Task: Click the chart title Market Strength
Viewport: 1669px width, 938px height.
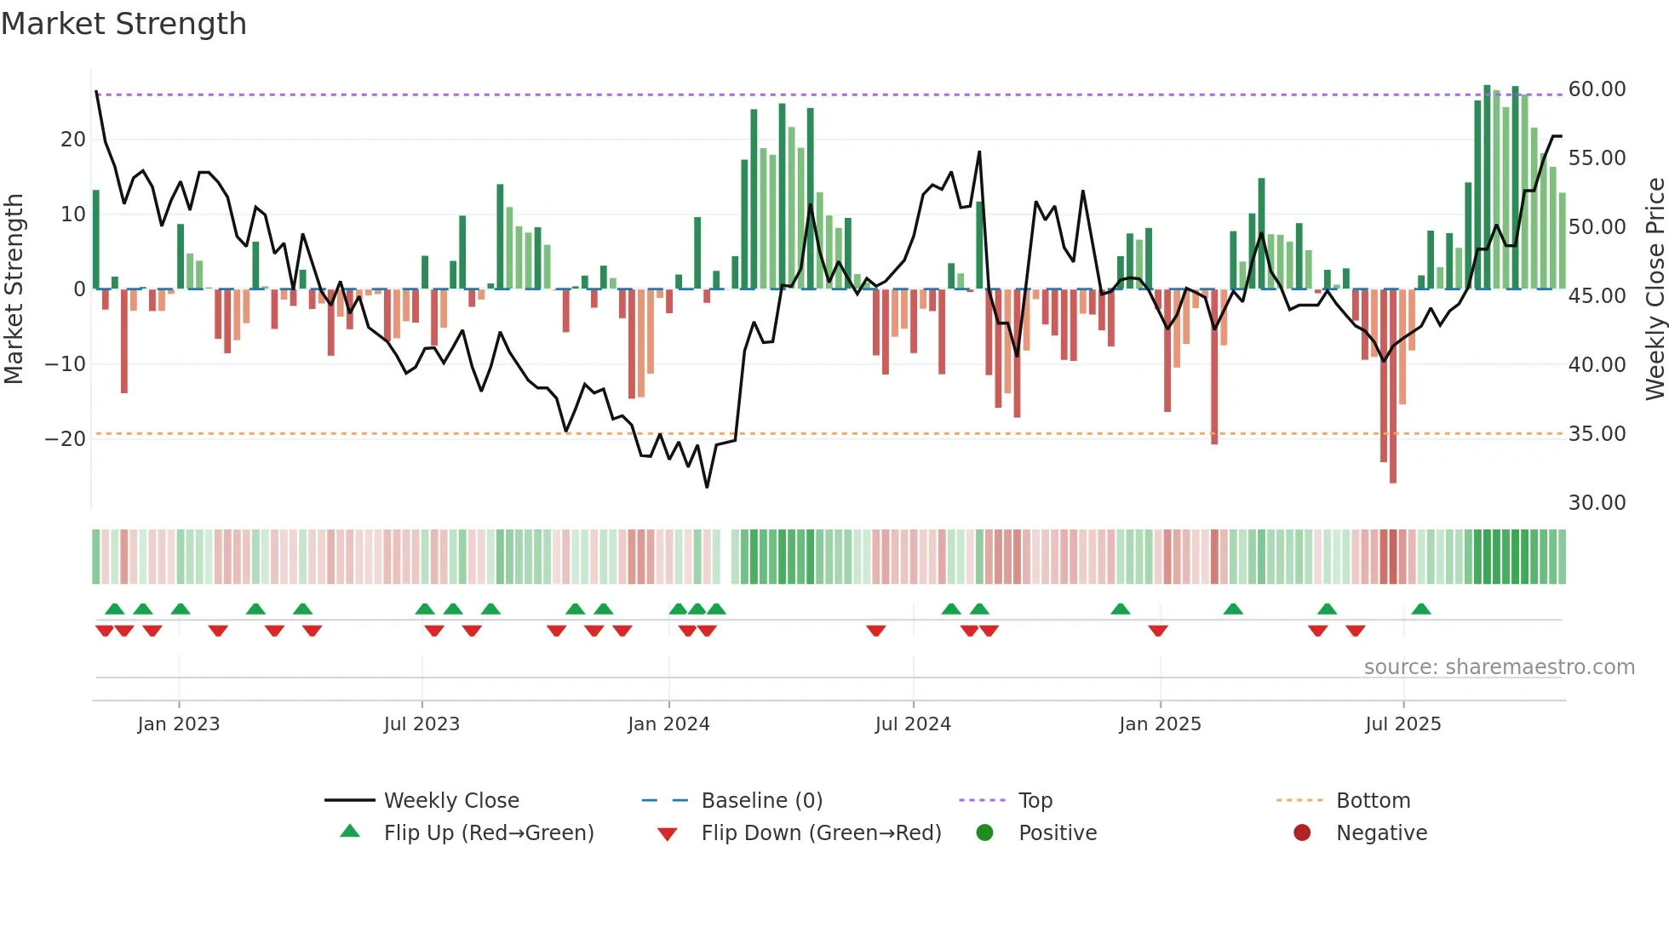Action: click(x=123, y=24)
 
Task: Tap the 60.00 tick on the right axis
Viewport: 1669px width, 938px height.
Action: click(x=1597, y=89)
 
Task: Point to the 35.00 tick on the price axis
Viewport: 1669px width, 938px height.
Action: click(x=1597, y=434)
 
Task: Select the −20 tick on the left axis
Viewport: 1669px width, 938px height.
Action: click(x=66, y=439)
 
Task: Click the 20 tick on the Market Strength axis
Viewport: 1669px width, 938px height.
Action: click(x=73, y=140)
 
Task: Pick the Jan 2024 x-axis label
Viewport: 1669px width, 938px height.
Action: click(x=668, y=724)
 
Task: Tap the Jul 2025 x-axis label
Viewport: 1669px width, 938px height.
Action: click(x=1402, y=724)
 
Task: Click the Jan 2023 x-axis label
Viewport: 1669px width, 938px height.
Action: click(x=178, y=724)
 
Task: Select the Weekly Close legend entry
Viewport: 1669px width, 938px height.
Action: click(x=450, y=801)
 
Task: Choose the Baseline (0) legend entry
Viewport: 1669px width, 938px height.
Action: click(x=761, y=801)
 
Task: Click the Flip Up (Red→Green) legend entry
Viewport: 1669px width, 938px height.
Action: click(x=488, y=833)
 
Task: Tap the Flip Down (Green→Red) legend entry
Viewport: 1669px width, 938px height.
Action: click(x=820, y=833)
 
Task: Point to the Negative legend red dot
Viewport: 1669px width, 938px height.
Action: click(x=1302, y=832)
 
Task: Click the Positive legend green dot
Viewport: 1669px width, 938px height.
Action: click(x=984, y=832)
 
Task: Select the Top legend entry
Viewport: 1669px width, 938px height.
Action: click(x=1035, y=801)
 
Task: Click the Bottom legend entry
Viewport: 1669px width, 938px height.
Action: click(x=1373, y=801)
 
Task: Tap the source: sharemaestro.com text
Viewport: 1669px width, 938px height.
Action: click(x=1499, y=667)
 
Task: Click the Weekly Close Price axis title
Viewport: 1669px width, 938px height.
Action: click(x=1655, y=289)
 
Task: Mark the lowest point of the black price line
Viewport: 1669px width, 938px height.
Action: click(x=707, y=487)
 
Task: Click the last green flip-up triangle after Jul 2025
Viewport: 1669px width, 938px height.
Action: click(x=1421, y=609)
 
